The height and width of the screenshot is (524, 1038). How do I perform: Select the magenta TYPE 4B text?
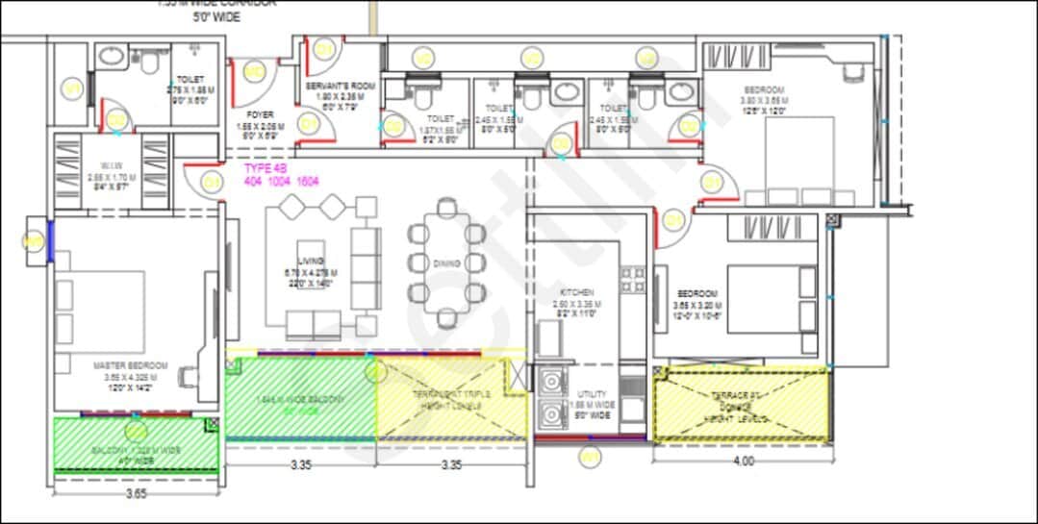pos(262,167)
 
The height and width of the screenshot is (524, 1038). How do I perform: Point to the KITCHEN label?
pos(577,292)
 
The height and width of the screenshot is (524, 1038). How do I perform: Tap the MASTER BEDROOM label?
pos(130,366)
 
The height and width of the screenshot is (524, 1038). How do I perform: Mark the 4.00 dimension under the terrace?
pos(743,461)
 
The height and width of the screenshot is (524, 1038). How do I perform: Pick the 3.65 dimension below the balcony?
pos(137,495)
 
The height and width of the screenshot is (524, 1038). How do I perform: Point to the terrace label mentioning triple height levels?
pos(453,400)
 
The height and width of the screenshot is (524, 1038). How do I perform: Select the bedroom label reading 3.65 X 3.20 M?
pos(697,293)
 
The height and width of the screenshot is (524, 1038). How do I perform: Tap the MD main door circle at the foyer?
pos(254,71)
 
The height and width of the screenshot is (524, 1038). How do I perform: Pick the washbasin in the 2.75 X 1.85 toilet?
pos(111,57)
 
